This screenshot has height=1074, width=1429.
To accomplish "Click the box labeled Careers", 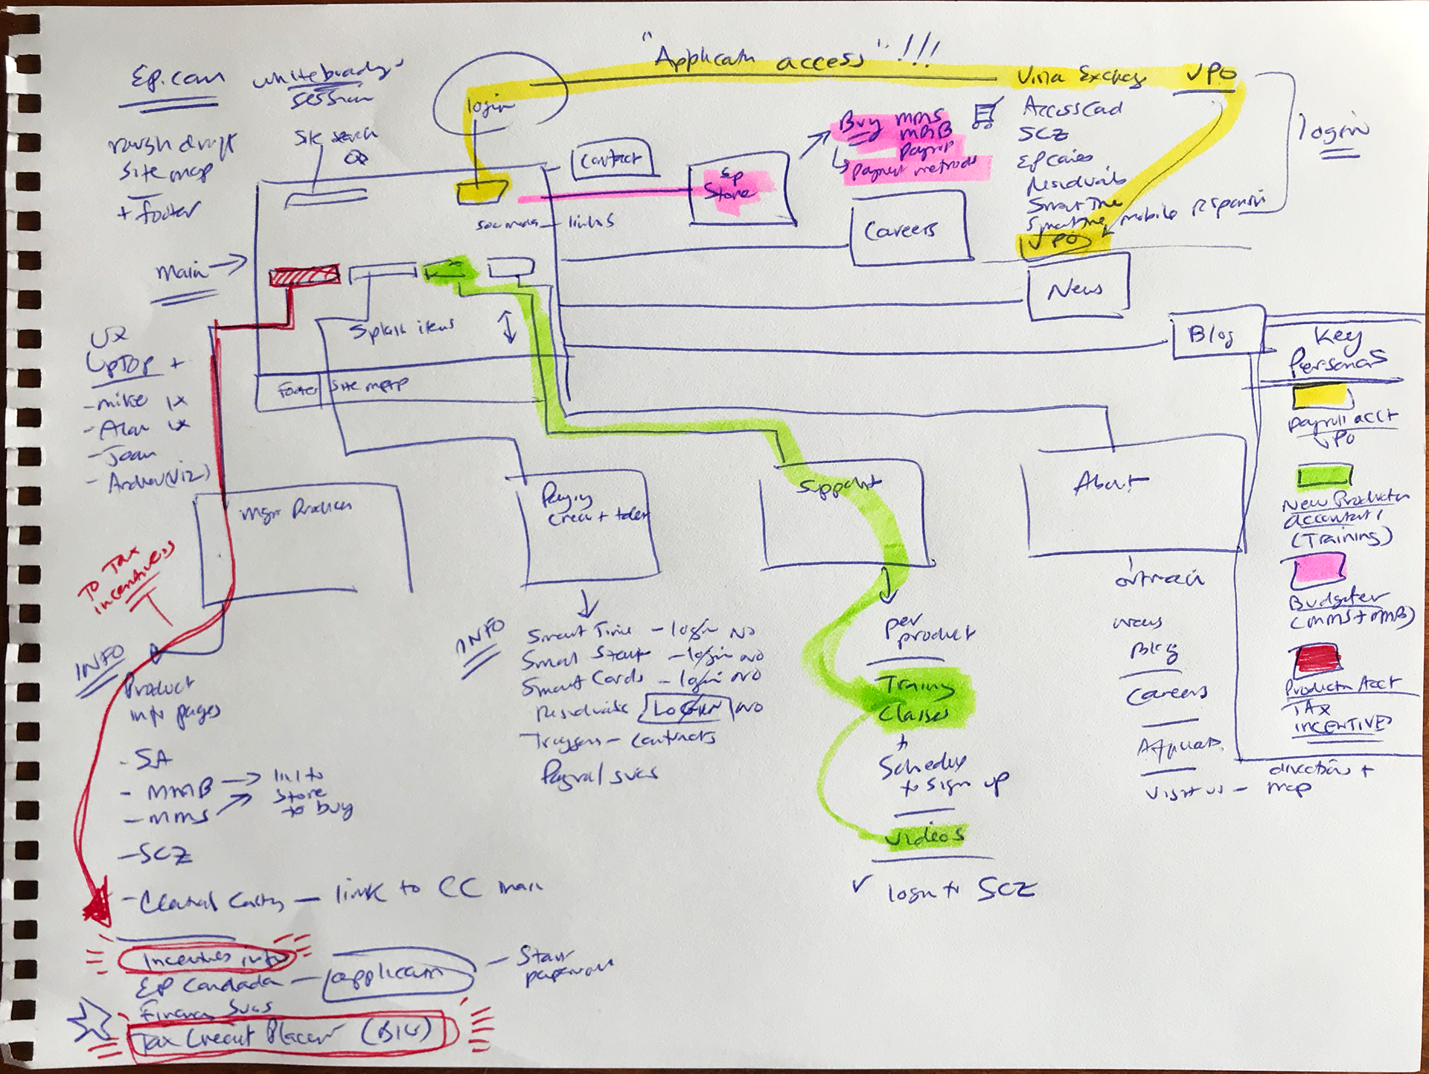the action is point(909,229).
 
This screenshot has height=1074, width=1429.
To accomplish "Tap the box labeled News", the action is point(1076,288).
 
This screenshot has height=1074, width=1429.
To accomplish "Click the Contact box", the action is point(611,159).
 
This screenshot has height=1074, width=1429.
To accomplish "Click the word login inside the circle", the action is point(490,106).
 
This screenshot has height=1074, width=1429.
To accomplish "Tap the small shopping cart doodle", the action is point(984,115).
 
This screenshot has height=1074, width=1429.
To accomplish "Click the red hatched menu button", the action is point(304,275).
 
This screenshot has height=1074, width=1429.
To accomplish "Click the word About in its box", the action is point(1109,484).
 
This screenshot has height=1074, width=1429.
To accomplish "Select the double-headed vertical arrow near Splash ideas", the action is point(509,326).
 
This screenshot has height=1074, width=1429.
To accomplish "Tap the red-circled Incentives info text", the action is point(206,959).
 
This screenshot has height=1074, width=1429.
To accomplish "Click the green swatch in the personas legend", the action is point(1324,476).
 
